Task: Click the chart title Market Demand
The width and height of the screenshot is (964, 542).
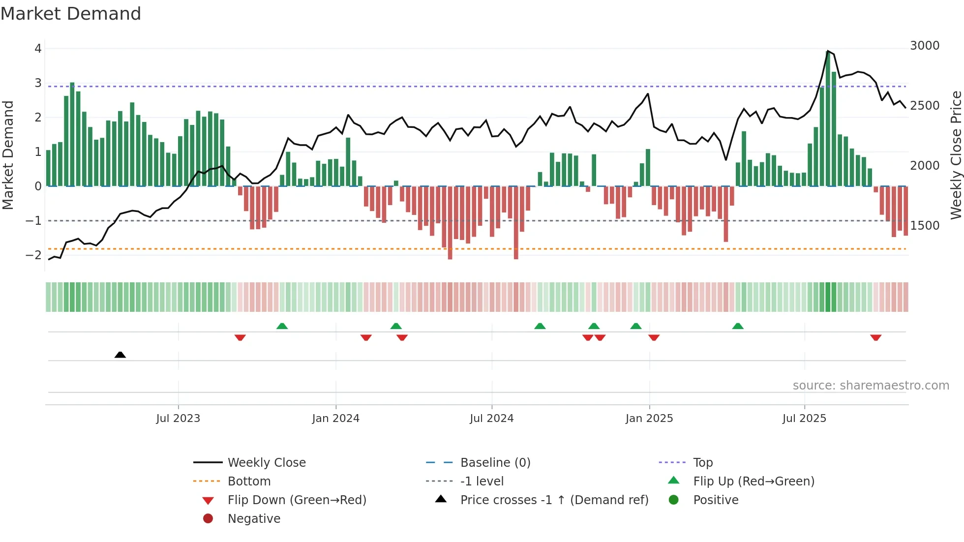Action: [71, 14]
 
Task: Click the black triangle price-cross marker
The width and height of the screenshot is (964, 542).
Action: [120, 355]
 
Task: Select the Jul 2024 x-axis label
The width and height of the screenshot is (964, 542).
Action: [491, 419]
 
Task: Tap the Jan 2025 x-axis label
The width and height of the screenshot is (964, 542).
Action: [649, 419]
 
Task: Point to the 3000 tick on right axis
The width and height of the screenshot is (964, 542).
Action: [924, 46]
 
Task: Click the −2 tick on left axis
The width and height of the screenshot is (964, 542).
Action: [33, 255]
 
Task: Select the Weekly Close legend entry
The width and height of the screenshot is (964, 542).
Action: [266, 463]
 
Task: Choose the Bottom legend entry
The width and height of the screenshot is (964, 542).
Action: [249, 482]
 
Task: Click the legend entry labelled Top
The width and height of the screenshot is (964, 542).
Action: [702, 463]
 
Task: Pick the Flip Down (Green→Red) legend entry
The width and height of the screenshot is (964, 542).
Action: [297, 500]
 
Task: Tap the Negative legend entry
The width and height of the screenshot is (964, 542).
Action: [254, 519]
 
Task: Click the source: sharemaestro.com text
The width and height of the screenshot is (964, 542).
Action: [871, 386]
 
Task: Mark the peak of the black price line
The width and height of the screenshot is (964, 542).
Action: [828, 51]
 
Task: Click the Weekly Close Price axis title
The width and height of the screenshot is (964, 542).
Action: [956, 155]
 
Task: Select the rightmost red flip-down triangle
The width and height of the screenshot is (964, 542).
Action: [875, 337]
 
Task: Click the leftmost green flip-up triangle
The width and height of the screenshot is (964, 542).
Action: [282, 326]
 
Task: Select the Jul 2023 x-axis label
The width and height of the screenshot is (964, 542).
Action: [178, 419]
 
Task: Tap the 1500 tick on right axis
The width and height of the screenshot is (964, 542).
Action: [924, 226]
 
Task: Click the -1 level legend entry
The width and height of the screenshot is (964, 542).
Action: [482, 482]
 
